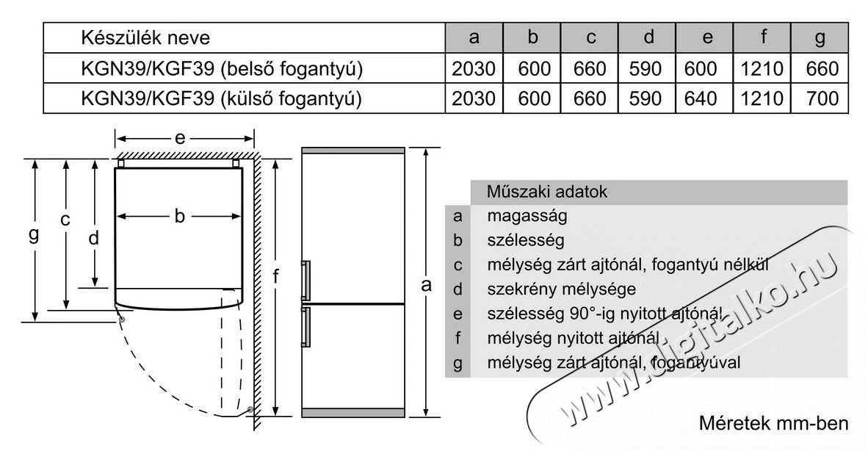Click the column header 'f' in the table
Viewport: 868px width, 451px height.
[764, 37]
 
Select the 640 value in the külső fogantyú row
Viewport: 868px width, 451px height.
[701, 98]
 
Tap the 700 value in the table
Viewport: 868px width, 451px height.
[822, 98]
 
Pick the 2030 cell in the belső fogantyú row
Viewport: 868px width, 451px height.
[474, 68]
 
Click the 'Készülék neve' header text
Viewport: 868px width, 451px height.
[145, 37]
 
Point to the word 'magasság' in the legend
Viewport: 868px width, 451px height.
[527, 216]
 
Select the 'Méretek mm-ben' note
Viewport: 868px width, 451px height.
[773, 423]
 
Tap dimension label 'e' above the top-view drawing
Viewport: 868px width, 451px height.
[179, 138]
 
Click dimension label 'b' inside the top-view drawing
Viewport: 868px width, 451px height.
[178, 216]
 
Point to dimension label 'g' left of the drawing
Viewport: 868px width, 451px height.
[34, 234]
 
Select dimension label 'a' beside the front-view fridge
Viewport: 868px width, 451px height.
[426, 285]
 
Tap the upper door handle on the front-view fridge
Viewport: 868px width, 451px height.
[305, 281]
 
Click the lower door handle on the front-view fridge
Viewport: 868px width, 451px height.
[305, 326]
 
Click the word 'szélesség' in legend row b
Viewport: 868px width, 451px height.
[526, 240]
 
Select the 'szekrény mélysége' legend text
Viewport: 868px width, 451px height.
[561, 289]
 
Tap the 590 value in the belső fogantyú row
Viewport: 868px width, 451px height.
[645, 68]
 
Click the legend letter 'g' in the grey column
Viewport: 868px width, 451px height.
[457, 364]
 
